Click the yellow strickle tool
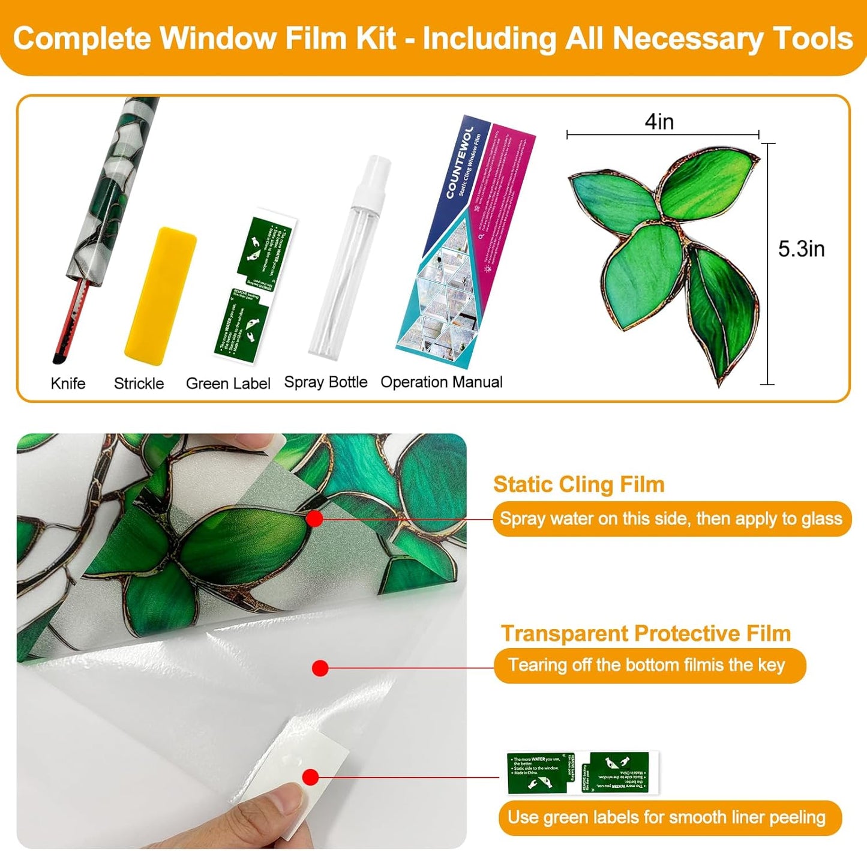pos(160,296)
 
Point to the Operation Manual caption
pos(442,382)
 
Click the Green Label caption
pos(228,383)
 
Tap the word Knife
pos(68,383)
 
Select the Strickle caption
pos(139,383)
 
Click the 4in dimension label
pos(659,122)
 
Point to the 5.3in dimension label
pos(801,249)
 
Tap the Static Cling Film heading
pos(578,484)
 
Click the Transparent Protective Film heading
pos(646,633)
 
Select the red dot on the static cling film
pos(314,519)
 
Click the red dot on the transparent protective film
pos(320,668)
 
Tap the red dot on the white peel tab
pos(310,778)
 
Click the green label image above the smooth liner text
pos(582,773)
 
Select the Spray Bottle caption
pos(325,382)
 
